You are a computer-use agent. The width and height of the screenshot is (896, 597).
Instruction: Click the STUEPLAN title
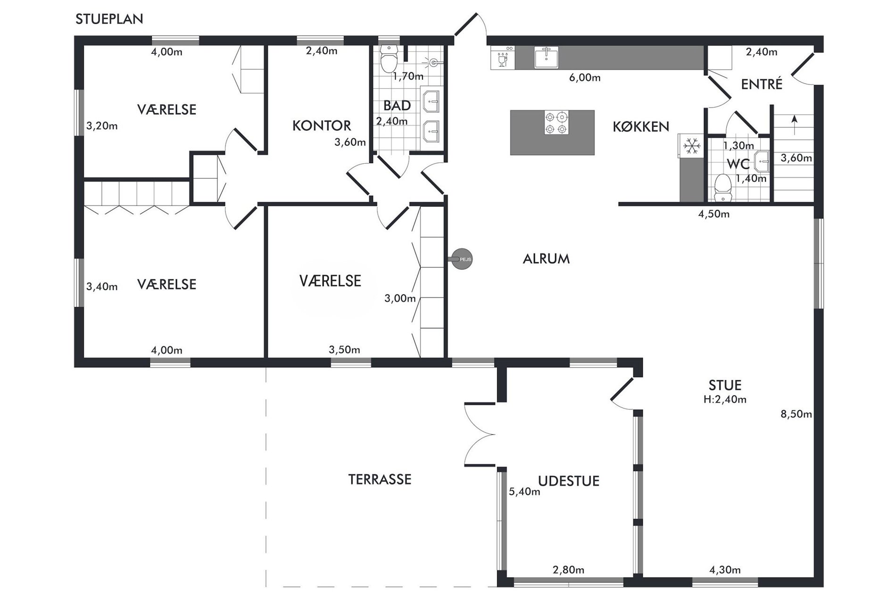click(x=109, y=19)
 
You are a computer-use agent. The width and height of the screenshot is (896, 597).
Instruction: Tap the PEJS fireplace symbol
click(x=462, y=259)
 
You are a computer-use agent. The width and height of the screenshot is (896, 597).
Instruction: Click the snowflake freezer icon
click(x=692, y=146)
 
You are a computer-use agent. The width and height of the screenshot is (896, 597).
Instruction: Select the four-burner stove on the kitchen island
click(x=556, y=123)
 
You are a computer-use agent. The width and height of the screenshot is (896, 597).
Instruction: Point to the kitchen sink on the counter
click(x=547, y=58)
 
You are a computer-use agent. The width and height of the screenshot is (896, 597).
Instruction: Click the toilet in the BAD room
click(x=389, y=58)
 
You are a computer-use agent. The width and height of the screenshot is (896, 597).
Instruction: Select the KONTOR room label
click(x=322, y=126)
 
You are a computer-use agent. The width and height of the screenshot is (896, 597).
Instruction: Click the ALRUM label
click(x=546, y=259)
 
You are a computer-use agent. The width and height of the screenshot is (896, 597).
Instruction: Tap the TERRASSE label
click(x=380, y=480)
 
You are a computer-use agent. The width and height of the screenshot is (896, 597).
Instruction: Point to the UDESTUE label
click(x=569, y=481)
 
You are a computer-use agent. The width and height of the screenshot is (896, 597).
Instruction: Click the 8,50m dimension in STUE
click(x=796, y=415)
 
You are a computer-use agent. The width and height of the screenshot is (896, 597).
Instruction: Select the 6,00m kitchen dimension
click(x=585, y=78)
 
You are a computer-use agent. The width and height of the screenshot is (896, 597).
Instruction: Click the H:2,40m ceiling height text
click(x=725, y=400)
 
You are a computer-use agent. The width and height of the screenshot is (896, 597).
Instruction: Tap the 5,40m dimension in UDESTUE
click(x=524, y=492)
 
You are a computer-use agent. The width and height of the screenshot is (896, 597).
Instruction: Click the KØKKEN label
click(x=641, y=127)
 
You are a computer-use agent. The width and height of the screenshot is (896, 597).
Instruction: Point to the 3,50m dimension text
click(x=344, y=350)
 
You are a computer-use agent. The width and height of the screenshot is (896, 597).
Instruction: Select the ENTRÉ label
click(x=762, y=84)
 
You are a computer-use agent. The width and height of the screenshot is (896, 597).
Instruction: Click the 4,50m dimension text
click(x=713, y=214)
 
